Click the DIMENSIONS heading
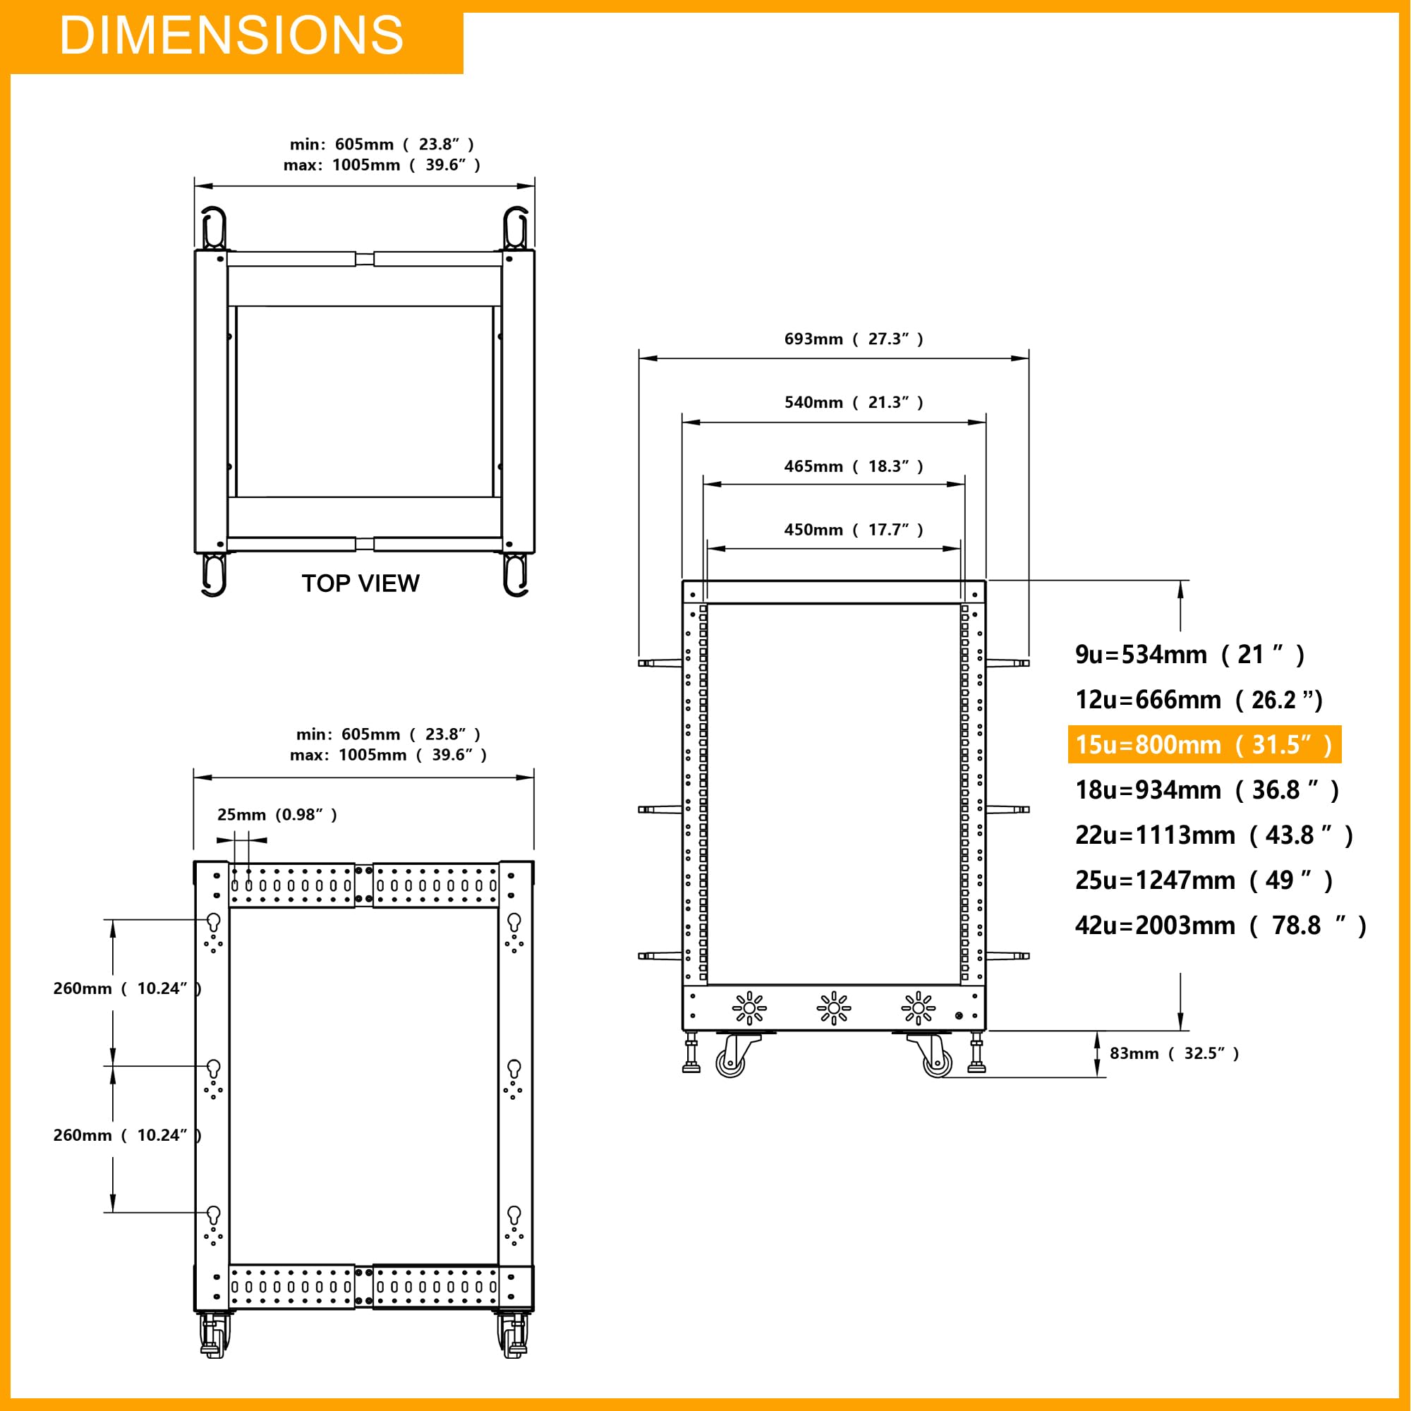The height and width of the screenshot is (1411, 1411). point(231,35)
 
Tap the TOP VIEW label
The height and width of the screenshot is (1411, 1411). point(361,583)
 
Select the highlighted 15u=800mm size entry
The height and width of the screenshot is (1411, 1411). point(1204,744)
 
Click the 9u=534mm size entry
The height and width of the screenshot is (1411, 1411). point(1189,655)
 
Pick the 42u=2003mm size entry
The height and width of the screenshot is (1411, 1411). point(1221,926)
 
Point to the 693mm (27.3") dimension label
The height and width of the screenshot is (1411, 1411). point(854,339)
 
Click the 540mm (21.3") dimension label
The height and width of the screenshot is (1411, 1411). point(854,402)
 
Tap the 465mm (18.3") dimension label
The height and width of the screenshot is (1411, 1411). point(854,466)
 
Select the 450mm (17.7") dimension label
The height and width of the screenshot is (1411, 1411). point(854,530)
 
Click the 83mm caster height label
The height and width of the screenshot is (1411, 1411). point(1175,1053)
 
